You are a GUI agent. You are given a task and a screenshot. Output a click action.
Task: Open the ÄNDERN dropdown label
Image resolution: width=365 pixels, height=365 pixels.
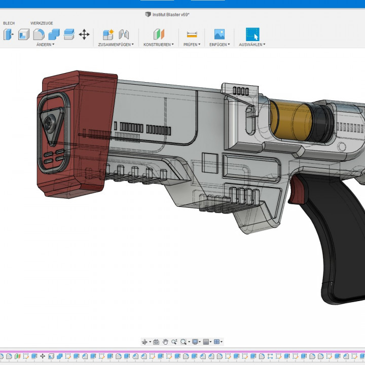(x=45, y=45)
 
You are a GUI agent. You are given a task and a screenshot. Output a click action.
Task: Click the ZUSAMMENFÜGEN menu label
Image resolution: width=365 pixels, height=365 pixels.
(x=116, y=45)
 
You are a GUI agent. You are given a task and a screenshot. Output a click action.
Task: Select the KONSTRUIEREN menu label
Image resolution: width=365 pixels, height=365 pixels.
(x=158, y=45)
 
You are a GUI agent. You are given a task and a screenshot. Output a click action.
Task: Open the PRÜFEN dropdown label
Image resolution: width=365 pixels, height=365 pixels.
(x=192, y=45)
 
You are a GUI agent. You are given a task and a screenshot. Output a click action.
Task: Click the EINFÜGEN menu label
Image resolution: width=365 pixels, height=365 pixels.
(x=219, y=45)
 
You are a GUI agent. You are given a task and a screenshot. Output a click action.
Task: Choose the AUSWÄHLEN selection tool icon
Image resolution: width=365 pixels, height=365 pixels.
(x=252, y=34)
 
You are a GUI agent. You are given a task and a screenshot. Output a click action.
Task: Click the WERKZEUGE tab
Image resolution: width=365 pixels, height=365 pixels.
(x=42, y=23)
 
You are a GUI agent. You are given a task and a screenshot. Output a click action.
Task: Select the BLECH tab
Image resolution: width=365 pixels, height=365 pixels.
(x=9, y=23)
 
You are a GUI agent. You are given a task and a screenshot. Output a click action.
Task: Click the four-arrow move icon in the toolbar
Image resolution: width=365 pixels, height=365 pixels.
(x=84, y=34)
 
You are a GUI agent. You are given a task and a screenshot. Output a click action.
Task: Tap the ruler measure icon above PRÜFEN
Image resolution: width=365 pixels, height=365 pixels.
(x=192, y=34)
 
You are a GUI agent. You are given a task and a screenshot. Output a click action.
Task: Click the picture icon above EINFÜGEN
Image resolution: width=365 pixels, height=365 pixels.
(x=219, y=34)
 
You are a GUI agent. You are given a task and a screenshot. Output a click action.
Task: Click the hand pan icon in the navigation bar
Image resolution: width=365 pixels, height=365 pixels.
(x=165, y=342)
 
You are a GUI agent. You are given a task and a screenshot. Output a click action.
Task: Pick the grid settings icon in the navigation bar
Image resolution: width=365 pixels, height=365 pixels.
(x=206, y=342)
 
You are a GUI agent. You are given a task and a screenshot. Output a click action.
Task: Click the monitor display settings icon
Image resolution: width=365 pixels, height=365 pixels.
(x=195, y=342)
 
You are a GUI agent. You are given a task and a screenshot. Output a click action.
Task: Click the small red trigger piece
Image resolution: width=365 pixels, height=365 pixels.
(x=300, y=193)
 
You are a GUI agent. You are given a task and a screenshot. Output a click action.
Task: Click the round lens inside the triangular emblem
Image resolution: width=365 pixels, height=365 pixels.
(x=49, y=123)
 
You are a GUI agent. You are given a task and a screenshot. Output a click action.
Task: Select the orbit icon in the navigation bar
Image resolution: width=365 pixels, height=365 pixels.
(x=145, y=342)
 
